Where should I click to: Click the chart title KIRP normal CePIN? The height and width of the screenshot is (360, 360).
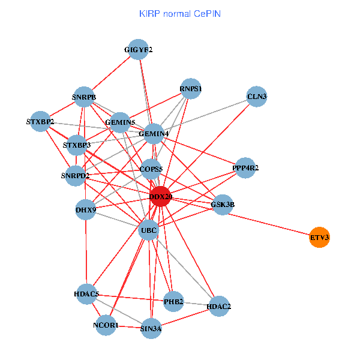[x=179, y=13]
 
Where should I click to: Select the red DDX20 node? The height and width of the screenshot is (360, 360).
[x=160, y=196]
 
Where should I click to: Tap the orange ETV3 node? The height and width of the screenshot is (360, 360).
[x=319, y=238]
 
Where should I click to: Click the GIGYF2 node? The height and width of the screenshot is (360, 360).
[x=139, y=50]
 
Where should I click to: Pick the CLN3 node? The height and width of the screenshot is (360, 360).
[x=257, y=97]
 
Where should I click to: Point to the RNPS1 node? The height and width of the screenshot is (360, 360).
[x=191, y=89]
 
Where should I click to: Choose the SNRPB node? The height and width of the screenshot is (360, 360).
[x=84, y=97]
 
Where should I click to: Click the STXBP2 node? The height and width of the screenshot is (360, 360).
[x=40, y=122]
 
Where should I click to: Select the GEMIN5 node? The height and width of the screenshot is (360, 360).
[x=120, y=122]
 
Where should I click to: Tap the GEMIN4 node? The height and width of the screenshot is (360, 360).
[x=154, y=133]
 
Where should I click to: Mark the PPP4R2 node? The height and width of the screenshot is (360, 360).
[x=245, y=168]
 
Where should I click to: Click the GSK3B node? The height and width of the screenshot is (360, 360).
[x=223, y=205]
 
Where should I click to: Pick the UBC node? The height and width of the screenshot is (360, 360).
[x=148, y=230]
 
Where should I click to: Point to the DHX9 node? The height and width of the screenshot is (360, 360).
[x=86, y=210]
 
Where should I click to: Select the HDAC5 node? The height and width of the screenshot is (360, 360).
[x=86, y=294]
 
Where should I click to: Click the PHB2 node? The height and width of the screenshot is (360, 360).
[x=173, y=301]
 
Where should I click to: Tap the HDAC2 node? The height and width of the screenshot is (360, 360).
[x=219, y=307]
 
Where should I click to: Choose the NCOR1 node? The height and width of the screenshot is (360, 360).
[x=106, y=325]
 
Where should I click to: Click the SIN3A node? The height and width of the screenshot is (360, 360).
[x=151, y=329]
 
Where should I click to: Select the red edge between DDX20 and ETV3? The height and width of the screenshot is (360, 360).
[x=240, y=217]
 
